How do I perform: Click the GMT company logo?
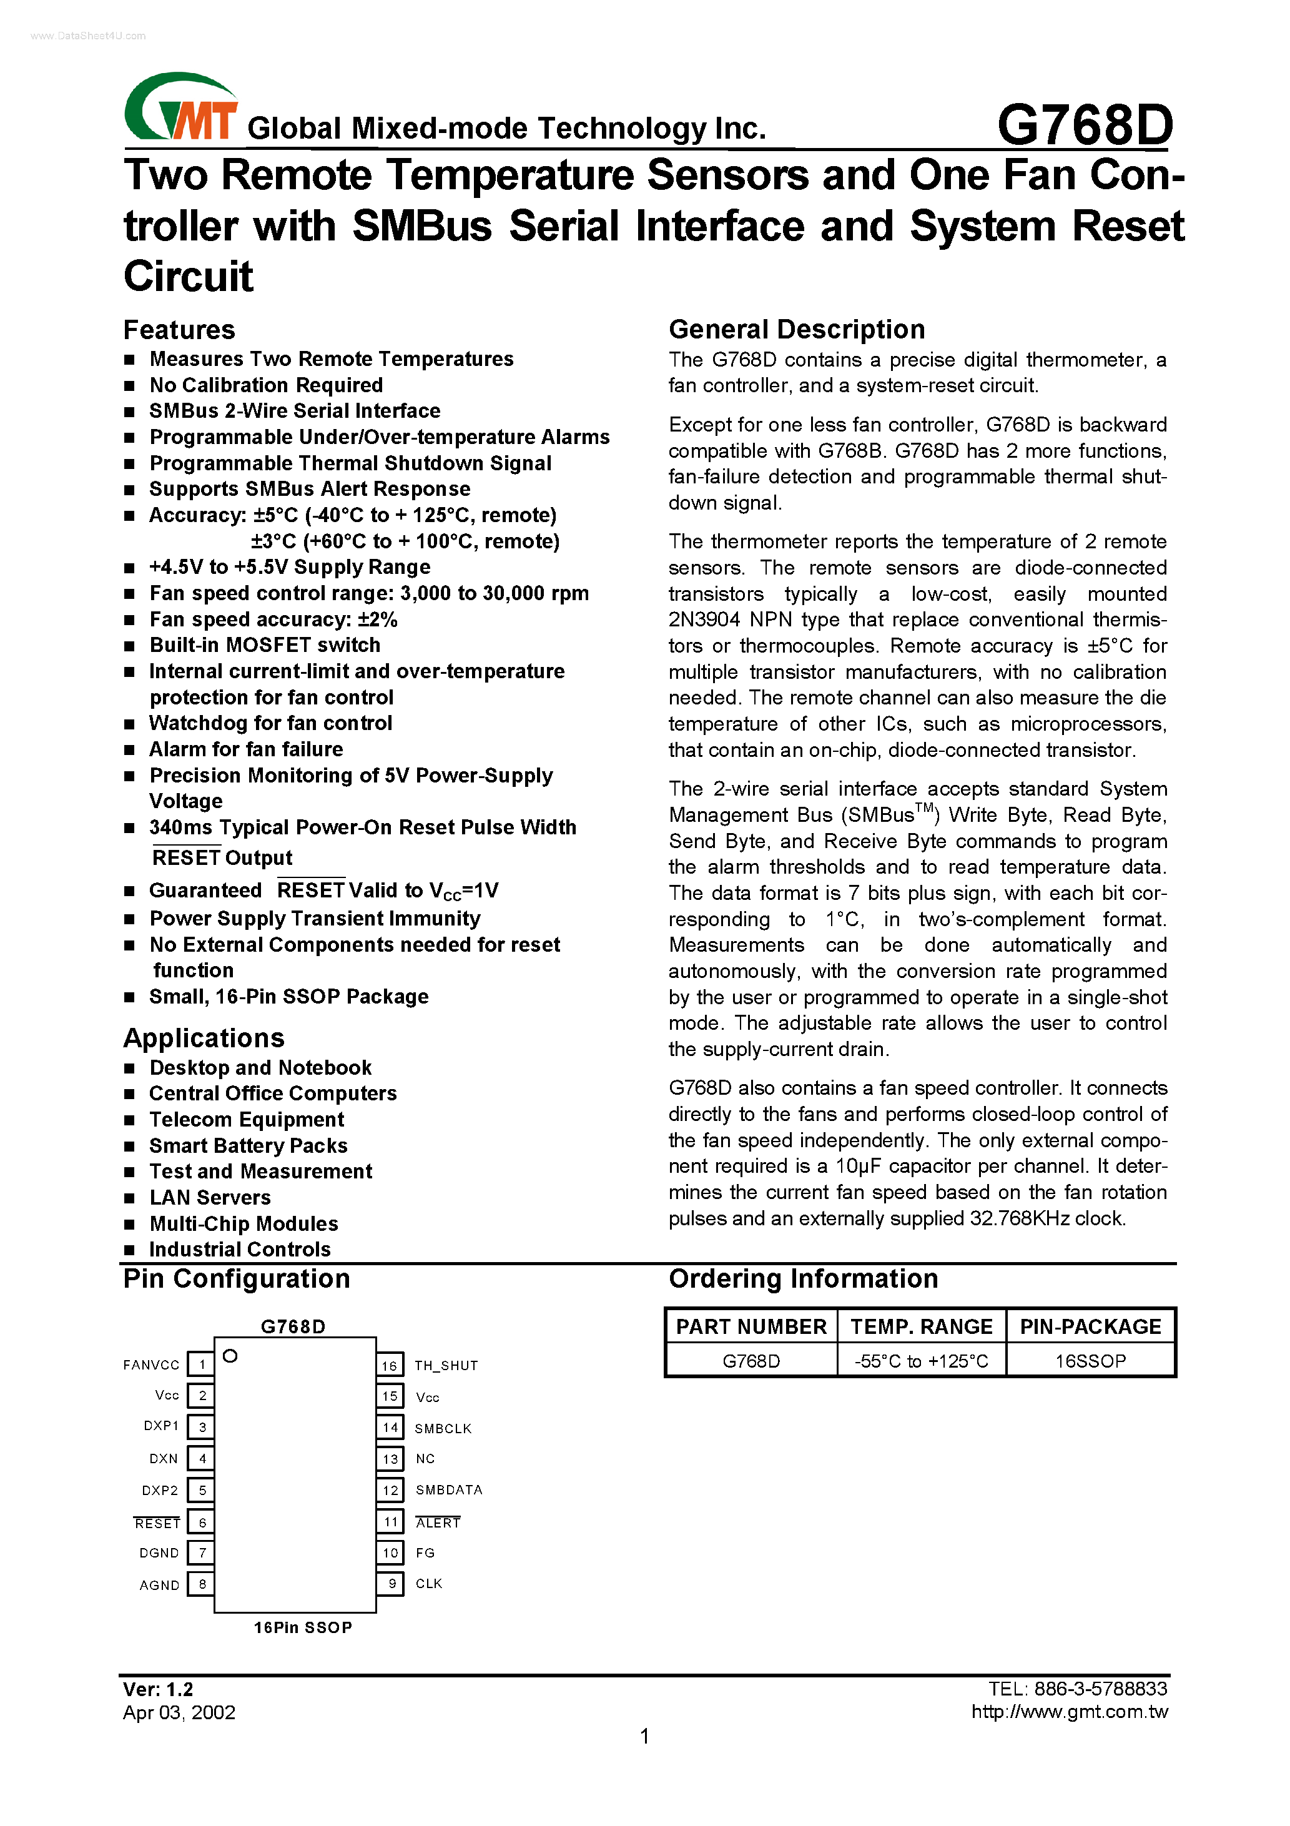181,108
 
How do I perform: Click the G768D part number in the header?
1085,126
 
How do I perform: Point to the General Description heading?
796,329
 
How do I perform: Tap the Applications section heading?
204,1038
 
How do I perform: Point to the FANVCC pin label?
151,1365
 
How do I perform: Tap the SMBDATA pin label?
448,1489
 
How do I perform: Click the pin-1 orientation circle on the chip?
230,1356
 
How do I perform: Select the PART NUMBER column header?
751,1326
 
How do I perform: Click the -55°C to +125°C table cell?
921,1361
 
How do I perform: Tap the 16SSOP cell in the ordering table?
1090,1361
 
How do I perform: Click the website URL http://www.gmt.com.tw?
1069,1712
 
